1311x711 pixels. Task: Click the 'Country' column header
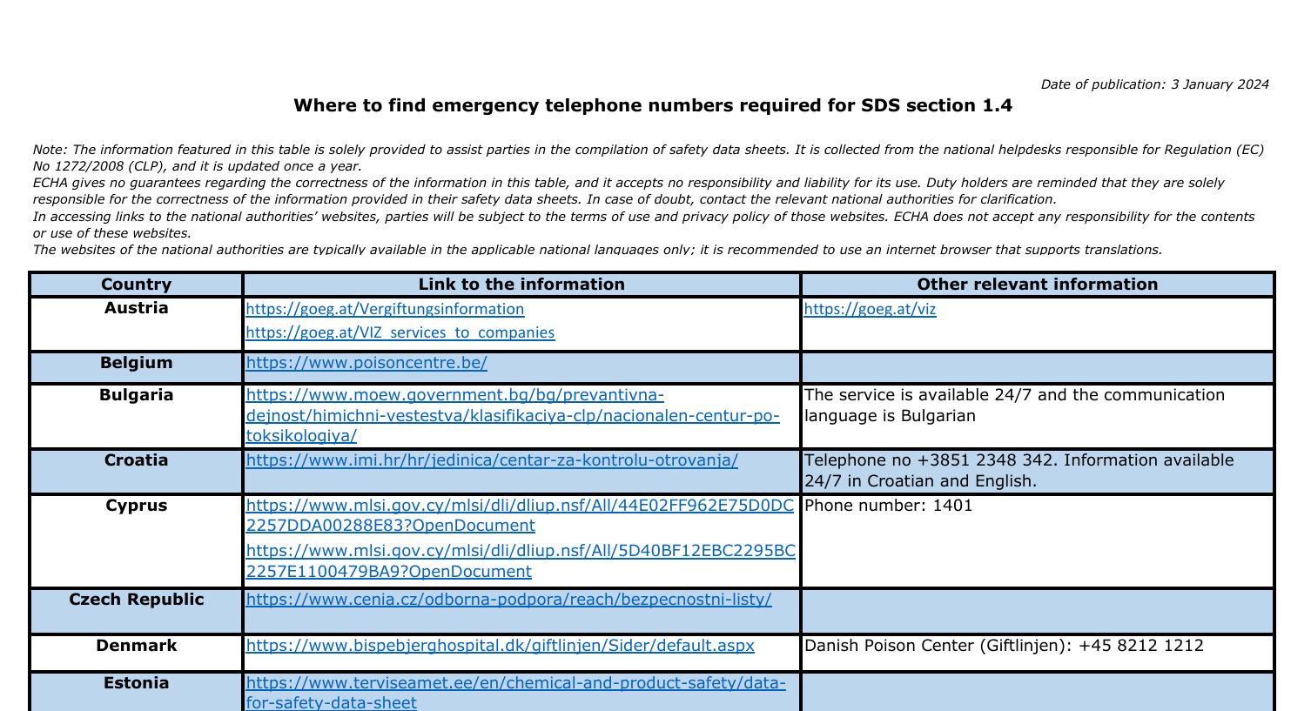(x=136, y=285)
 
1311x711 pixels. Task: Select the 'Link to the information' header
(x=521, y=285)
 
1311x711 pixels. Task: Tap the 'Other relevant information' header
(x=1037, y=285)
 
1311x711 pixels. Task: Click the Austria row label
(x=136, y=308)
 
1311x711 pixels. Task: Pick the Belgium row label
(x=136, y=363)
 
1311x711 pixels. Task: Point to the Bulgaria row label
(x=136, y=395)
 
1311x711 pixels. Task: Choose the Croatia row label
(x=136, y=460)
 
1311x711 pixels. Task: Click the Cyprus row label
(x=136, y=506)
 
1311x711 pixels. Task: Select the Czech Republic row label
(x=136, y=600)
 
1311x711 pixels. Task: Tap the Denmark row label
(x=136, y=646)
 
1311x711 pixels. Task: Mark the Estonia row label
(x=136, y=683)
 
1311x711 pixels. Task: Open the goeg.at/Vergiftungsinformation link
(x=385, y=310)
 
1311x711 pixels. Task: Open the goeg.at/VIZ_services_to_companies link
(x=400, y=332)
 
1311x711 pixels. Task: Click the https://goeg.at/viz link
(x=870, y=310)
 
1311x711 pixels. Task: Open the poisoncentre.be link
(x=366, y=363)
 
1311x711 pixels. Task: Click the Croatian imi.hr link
(x=492, y=460)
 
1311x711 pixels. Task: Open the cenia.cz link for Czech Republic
(x=508, y=600)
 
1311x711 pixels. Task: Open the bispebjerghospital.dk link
(x=500, y=646)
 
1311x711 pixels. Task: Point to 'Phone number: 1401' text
(x=889, y=506)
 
